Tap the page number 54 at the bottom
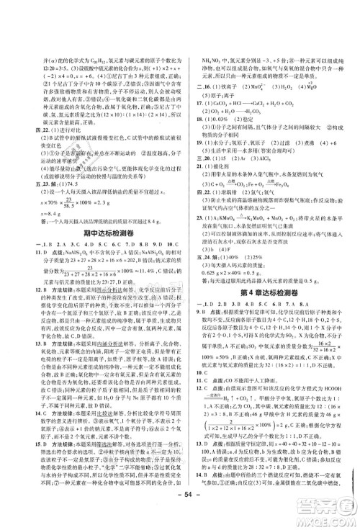coord(180,513)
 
